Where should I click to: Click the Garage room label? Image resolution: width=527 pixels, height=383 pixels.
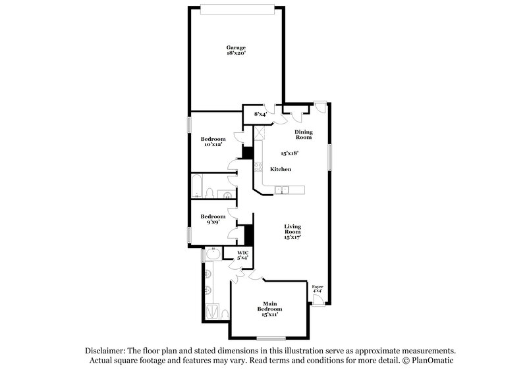pos(236,47)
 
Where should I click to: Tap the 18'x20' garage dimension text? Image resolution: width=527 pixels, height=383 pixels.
pos(236,53)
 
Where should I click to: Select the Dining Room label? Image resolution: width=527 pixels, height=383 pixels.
pos(304,134)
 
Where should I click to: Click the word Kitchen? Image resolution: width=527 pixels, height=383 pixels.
pos(281,170)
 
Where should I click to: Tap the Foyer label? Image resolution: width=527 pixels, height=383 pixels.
pos(318,287)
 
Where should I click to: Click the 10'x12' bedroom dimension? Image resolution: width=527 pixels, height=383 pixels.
pos(213,144)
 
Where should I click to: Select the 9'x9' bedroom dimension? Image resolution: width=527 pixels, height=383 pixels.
pos(212,222)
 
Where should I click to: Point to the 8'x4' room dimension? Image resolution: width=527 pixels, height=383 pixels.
pos(261,115)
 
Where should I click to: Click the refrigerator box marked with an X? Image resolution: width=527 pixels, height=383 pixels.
pos(260,132)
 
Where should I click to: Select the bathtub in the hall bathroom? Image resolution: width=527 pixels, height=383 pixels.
pos(196,186)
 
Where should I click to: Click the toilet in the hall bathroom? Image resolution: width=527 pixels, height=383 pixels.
pos(209,193)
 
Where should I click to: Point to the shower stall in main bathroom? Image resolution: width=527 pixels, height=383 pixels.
pos(213,311)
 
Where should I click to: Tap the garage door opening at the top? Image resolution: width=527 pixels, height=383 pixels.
pos(236,8)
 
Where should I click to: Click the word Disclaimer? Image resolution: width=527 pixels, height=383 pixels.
pos(108,351)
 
